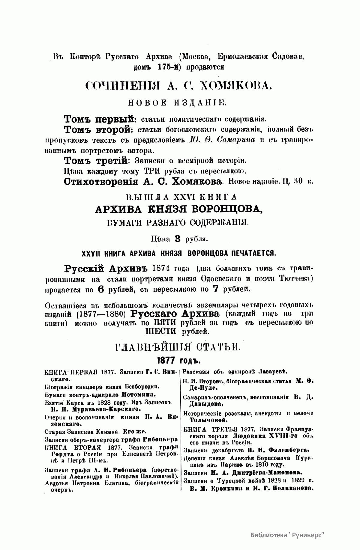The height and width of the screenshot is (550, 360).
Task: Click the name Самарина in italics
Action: pyautogui.click(x=238, y=140)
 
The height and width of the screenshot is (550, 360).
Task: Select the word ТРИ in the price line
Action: pyautogui.click(x=154, y=171)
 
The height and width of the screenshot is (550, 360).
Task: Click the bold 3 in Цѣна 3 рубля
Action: pyautogui.click(x=177, y=239)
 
